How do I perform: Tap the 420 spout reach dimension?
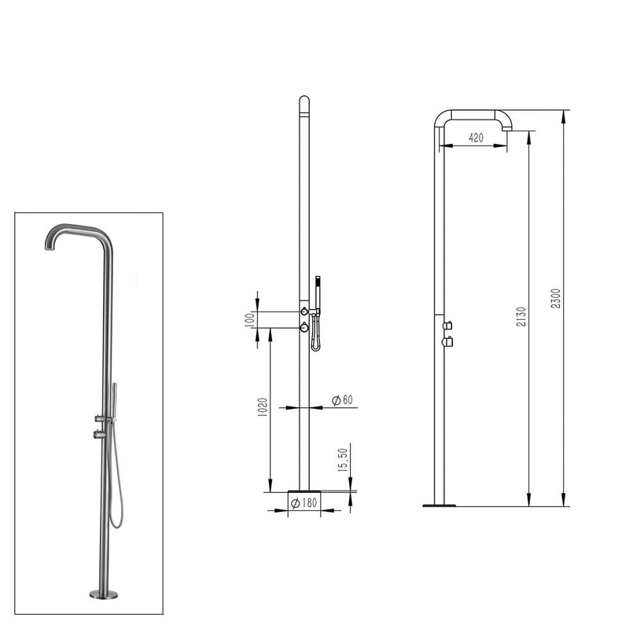click(x=475, y=138)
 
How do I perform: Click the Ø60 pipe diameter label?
click(x=342, y=400)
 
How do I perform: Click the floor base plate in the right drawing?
click(x=439, y=504)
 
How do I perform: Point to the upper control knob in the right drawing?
click(x=447, y=325)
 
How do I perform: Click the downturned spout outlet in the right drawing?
click(x=507, y=127)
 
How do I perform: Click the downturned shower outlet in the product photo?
click(x=48, y=245)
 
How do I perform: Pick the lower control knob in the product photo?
click(x=99, y=434)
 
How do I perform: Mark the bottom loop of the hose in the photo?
click(x=114, y=522)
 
